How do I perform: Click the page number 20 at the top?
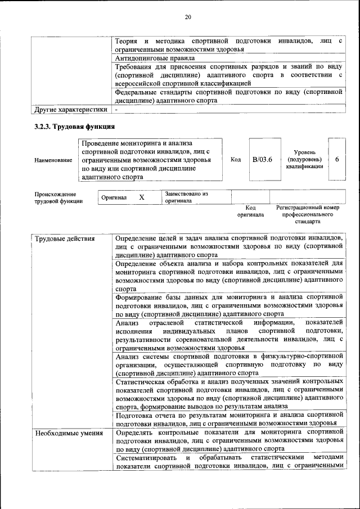[188, 17]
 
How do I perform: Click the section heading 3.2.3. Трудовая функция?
[74, 127]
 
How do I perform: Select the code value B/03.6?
[262, 160]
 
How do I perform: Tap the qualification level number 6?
[337, 160]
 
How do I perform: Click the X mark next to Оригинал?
[142, 197]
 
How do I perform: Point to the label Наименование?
[53, 160]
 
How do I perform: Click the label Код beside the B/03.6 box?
[236, 160]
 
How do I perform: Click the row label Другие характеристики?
[70, 109]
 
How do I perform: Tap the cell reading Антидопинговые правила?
[155, 58]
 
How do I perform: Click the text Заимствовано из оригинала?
[186, 197]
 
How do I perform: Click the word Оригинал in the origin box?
[114, 197]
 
